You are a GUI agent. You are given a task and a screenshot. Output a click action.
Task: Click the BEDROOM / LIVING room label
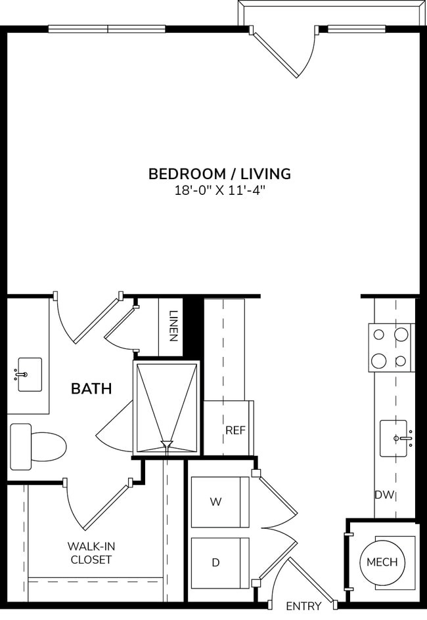coord(219,174)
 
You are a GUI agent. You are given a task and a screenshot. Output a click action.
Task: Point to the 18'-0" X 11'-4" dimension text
coord(219,191)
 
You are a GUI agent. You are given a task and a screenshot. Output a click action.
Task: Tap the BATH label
coord(91,388)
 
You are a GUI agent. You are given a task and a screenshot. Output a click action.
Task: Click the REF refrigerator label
coord(235,430)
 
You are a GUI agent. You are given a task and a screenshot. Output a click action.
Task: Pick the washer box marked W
coord(219,502)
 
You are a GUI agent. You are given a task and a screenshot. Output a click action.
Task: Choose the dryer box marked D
coord(219,562)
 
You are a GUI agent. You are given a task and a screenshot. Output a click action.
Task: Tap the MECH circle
coord(382,562)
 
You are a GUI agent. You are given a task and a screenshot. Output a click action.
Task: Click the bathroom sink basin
coord(30,375)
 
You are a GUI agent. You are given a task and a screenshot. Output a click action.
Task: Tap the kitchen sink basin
coord(393,438)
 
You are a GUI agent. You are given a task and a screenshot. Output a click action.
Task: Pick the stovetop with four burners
coord(390,347)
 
